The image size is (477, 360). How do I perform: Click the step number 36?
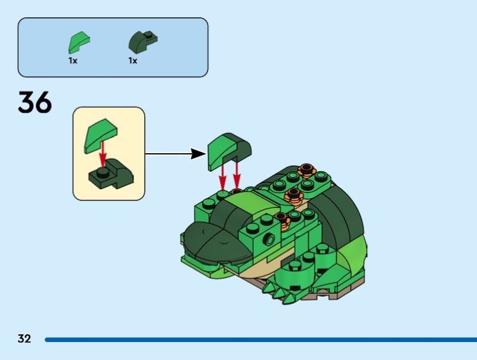coord(35,103)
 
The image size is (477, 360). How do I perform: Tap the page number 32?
coord(24,339)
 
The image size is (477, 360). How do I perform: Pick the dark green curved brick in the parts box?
coord(142,42)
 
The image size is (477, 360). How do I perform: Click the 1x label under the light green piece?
coord(73,61)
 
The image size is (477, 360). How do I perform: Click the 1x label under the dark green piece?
coord(132,61)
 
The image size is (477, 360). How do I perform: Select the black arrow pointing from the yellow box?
coord(173,154)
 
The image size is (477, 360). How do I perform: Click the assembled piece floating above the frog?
coord(228,150)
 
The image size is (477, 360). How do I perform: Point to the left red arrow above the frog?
coord(223,176)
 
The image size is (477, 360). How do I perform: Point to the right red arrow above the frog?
coord(237,175)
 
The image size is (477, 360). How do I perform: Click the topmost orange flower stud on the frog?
coord(307,170)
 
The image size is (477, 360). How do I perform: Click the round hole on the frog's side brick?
coord(270,240)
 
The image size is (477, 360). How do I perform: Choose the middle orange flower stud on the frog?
coord(293,194)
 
